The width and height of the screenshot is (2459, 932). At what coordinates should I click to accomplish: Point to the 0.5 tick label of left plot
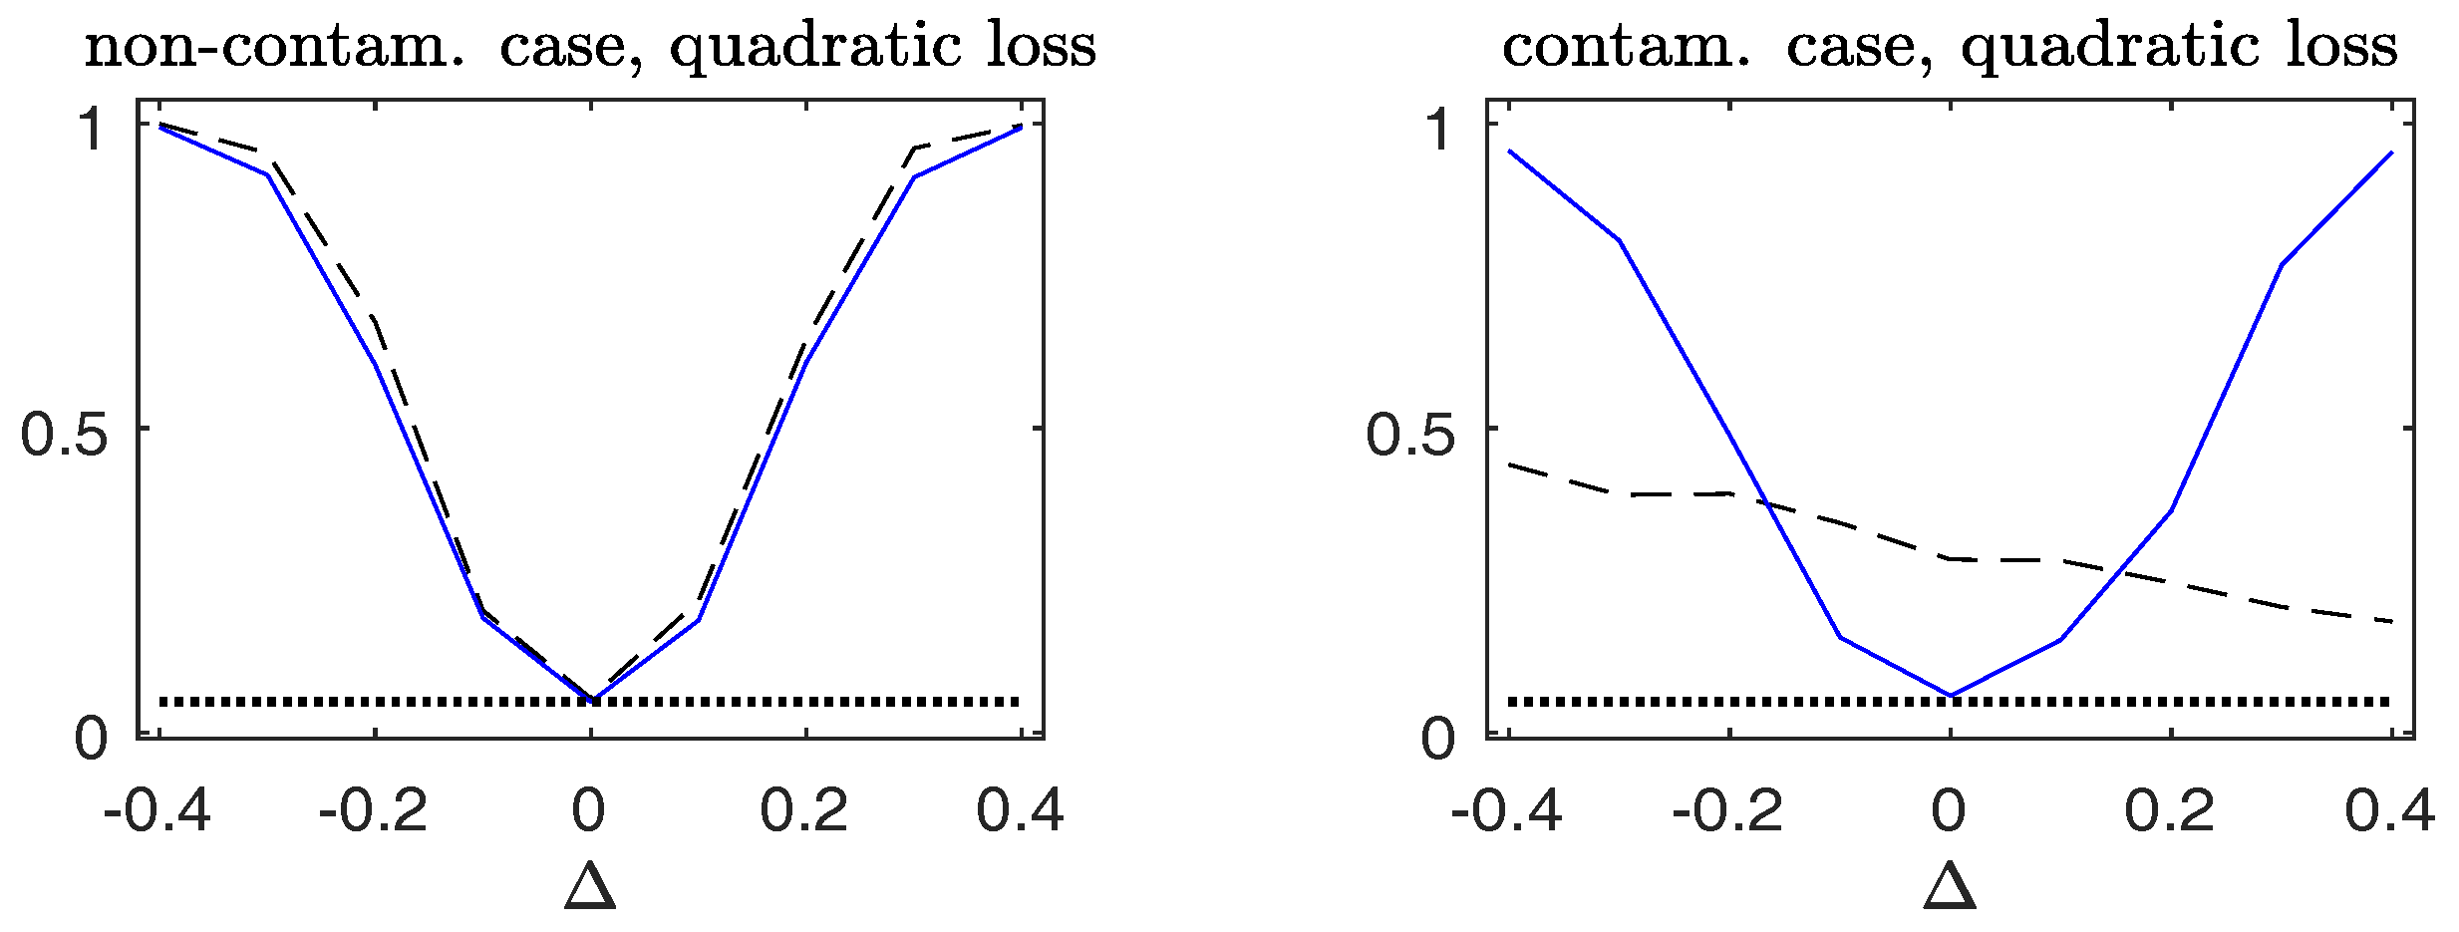64,436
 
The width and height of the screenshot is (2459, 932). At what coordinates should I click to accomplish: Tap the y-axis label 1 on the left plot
94,130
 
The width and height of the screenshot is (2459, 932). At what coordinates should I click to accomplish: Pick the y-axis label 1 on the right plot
1438,130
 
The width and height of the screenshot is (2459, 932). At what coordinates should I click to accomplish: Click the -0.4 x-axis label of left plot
157,809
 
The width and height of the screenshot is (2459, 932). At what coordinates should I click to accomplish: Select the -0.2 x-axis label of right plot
1727,809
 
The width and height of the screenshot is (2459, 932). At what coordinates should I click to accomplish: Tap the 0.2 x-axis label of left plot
804,809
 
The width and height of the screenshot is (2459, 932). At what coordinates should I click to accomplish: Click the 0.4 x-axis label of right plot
2389,809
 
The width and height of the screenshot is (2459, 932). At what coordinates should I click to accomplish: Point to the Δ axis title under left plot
590,886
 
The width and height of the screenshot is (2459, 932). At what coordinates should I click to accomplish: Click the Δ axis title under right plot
1950,886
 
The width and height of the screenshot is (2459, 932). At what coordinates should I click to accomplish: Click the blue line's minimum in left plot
593,700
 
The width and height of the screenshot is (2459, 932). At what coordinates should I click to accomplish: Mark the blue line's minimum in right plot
1950,695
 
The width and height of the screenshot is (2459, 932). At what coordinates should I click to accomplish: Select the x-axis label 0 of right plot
1949,809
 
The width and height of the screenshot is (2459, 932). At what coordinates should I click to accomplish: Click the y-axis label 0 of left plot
92,740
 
